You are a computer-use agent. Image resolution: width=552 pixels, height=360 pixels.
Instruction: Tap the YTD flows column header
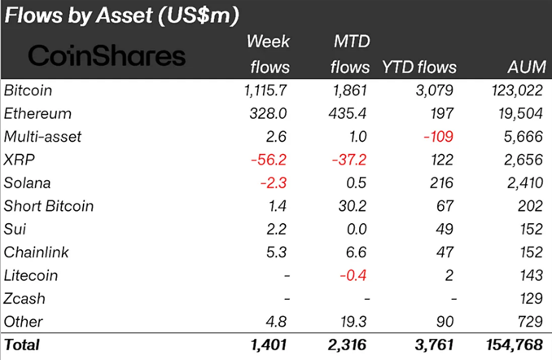click(418, 67)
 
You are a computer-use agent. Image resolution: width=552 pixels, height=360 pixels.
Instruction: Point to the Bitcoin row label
click(30, 90)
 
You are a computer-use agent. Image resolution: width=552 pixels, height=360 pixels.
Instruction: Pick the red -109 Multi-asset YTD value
click(438, 137)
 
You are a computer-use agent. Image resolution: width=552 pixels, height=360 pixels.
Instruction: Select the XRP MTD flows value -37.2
click(348, 160)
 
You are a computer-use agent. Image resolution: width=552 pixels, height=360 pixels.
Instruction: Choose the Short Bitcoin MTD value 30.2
click(352, 206)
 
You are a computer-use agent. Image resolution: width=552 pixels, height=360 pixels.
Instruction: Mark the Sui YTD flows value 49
click(446, 229)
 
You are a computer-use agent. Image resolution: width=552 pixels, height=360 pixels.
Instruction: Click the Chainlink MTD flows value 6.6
click(357, 252)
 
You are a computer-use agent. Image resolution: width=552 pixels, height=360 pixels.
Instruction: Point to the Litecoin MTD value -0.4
click(354, 275)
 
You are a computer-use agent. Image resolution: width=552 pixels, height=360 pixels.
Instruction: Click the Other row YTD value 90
click(446, 321)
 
